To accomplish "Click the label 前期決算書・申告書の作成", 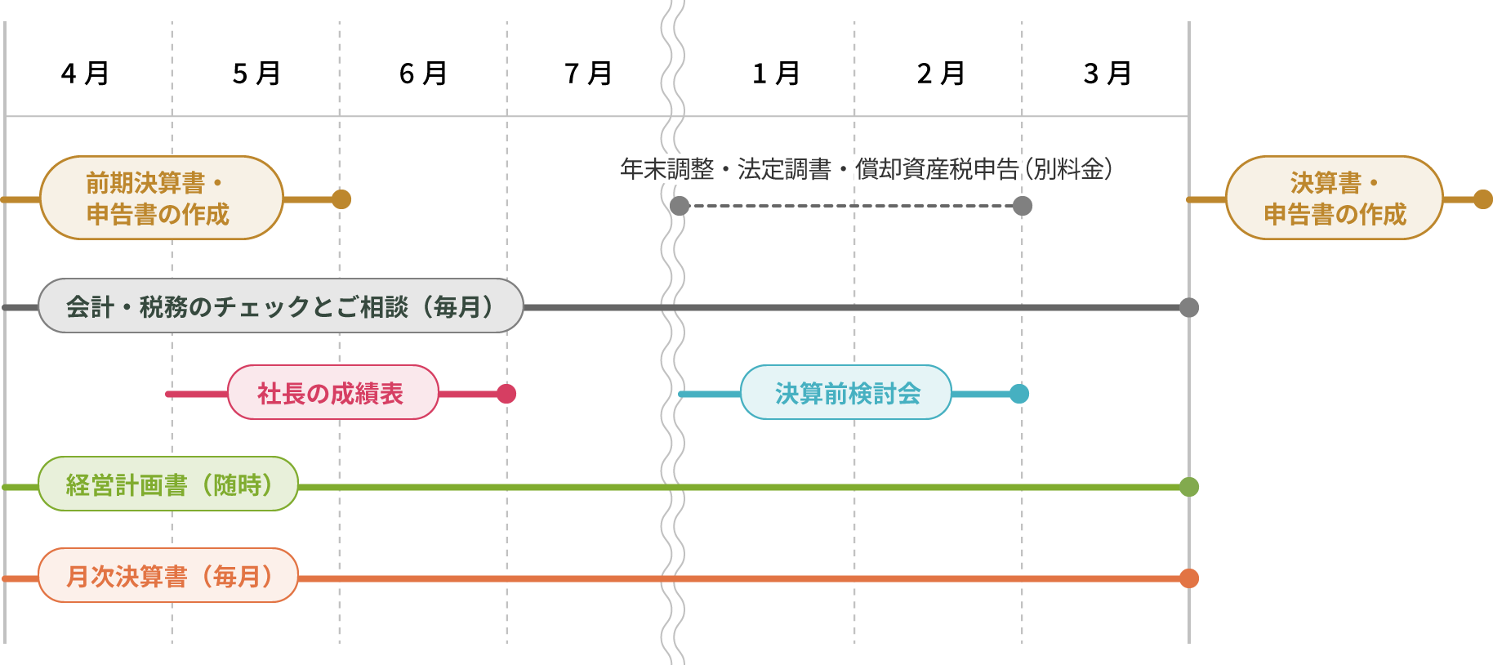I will (161, 198).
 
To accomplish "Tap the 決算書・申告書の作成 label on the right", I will (1334, 198).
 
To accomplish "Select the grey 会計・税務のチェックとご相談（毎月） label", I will (280, 306).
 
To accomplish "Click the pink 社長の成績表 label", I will (332, 393).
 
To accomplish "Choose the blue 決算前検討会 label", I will (846, 393).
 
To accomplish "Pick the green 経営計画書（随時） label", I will (168, 484).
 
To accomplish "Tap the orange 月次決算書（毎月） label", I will (168, 576).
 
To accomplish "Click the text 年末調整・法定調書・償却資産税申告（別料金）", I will (866, 169).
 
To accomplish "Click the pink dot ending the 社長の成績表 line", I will (506, 394).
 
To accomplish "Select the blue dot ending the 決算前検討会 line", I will (1019, 394).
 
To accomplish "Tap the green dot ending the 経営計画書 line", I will (1189, 487).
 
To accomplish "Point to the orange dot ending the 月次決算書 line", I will (1189, 578).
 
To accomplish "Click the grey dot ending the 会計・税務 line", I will (1189, 307).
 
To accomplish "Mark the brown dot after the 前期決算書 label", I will (341, 199).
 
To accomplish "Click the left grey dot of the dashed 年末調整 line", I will (680, 206).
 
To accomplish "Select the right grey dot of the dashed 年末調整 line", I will (1023, 206).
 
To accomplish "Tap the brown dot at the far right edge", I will (1483, 199).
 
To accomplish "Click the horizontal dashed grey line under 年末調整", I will (849, 206).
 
